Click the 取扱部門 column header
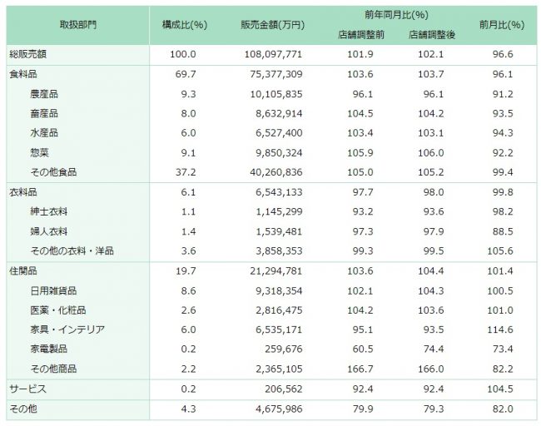[x=79, y=25]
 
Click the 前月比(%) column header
[x=502, y=25]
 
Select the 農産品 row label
[x=44, y=94]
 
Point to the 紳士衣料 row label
[x=48, y=212]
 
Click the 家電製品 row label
[x=48, y=349]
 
